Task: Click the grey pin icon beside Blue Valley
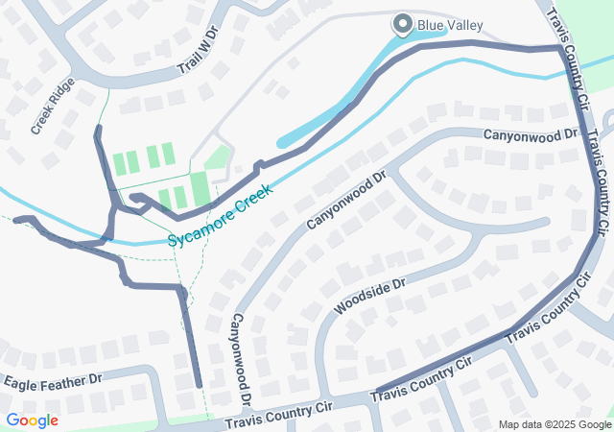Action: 401,25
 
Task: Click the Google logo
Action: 32,420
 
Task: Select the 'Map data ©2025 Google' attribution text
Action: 555,424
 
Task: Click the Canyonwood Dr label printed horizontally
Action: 531,136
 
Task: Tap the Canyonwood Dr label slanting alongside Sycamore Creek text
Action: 345,200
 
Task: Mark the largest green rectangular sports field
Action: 200,187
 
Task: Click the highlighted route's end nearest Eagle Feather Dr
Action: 199,385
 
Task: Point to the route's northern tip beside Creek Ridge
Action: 97,128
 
